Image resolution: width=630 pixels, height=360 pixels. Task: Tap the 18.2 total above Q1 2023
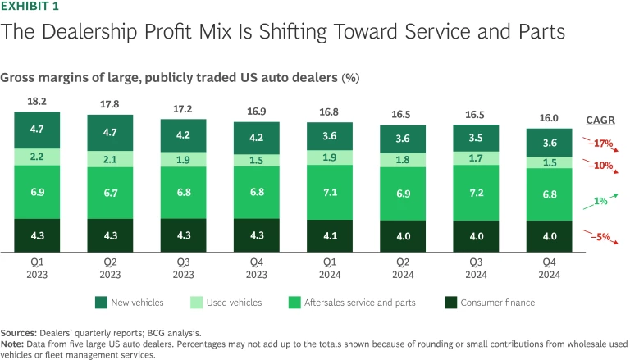pyautogui.click(x=37, y=103)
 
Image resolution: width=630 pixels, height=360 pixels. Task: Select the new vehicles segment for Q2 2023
pyautogui.click(x=111, y=131)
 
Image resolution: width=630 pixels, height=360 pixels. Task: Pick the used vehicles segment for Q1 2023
pyautogui.click(x=37, y=157)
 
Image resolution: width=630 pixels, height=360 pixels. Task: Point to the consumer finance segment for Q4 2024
pyautogui.click(x=549, y=237)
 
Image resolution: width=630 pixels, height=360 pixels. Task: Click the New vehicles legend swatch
pyautogui.click(x=101, y=303)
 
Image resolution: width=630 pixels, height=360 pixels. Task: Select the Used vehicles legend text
pyautogui.click(x=234, y=303)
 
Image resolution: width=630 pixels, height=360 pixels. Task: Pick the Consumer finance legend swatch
pyautogui.click(x=450, y=303)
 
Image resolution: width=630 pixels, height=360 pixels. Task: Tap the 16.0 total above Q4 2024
pyautogui.click(x=549, y=117)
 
